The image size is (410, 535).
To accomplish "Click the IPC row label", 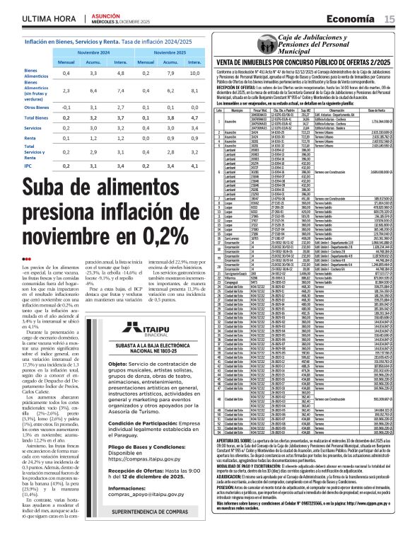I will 29,166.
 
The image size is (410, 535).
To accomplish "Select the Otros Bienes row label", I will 37,107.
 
